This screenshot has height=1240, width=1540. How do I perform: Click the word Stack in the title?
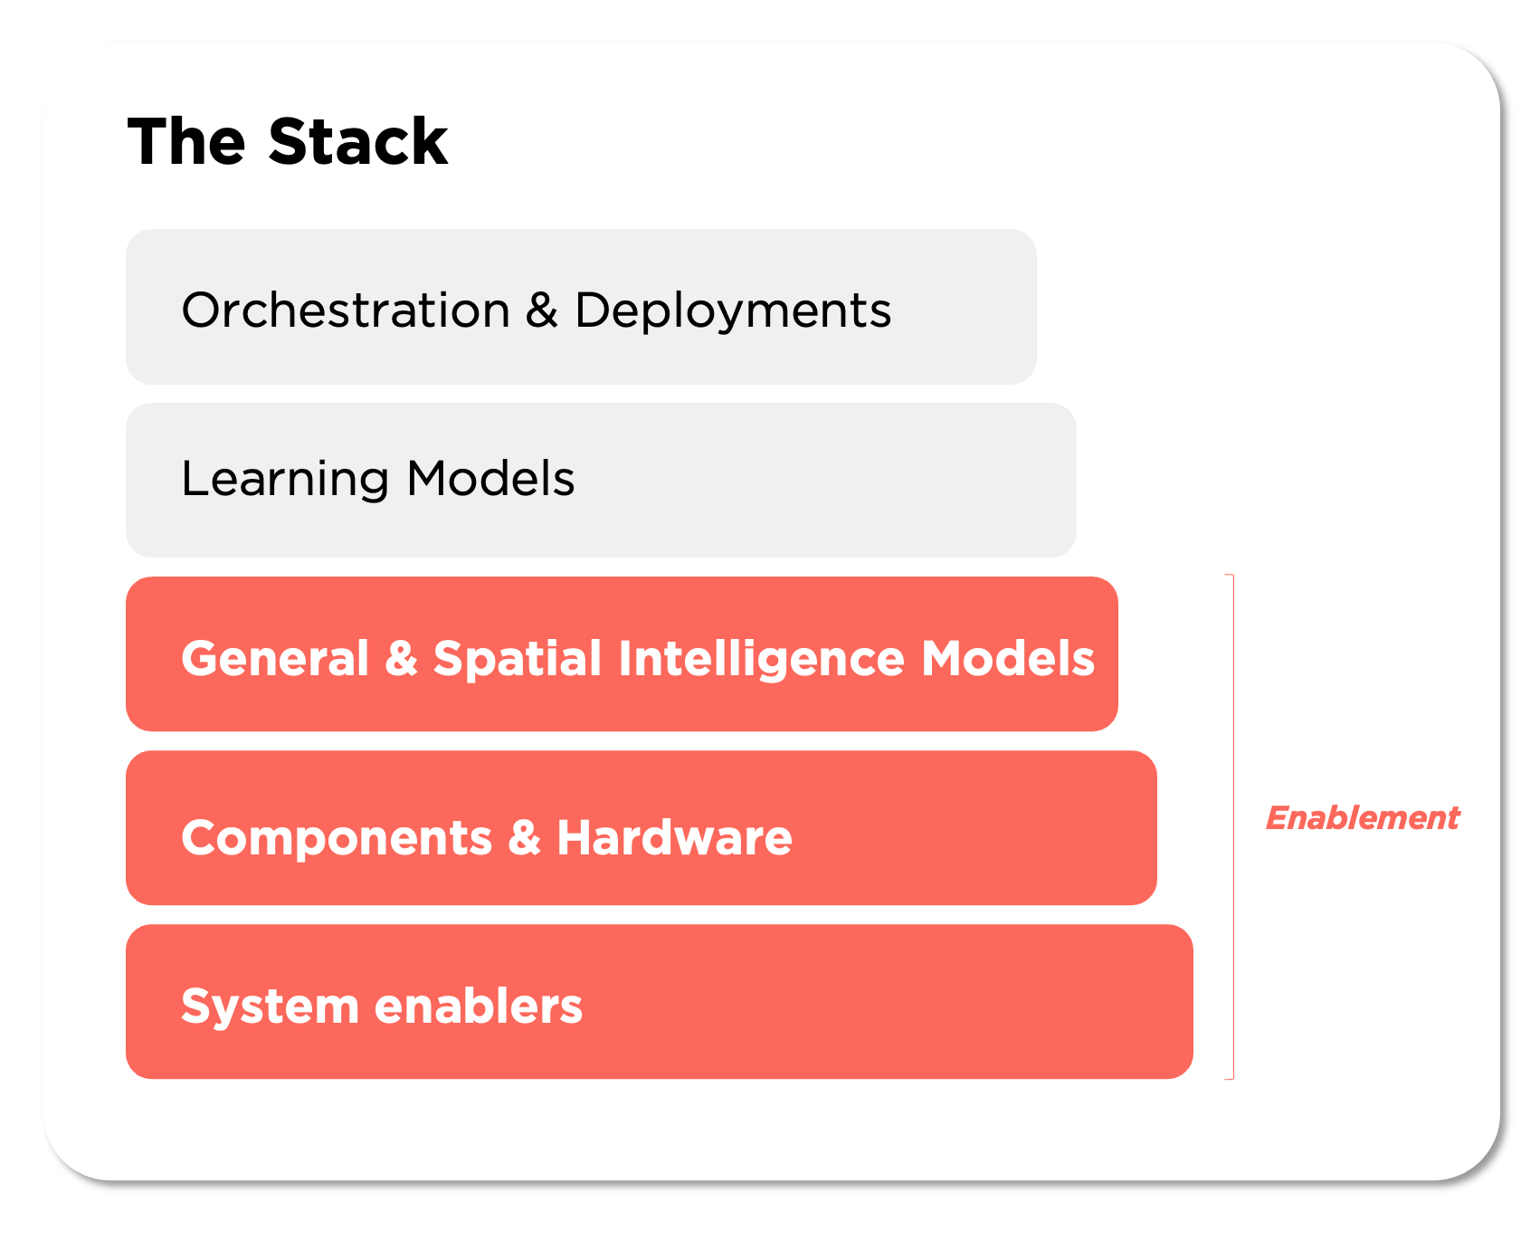tap(357, 142)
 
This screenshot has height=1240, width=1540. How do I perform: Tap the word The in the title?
tap(186, 142)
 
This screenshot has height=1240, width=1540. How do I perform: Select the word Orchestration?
tap(346, 310)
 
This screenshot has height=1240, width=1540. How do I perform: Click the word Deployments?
tap(733, 310)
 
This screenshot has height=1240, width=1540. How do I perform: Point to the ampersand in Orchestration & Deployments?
tap(541, 310)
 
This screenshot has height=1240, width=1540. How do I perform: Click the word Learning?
tap(284, 479)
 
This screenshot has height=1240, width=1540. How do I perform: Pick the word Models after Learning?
tap(490, 479)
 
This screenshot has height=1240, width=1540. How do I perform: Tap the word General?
tap(275, 658)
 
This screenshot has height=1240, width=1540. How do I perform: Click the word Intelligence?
tap(761, 658)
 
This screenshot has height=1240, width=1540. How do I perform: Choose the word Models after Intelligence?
tap(1008, 658)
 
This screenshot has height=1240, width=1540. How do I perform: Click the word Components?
tap(337, 837)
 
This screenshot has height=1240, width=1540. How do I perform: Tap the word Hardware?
tap(674, 837)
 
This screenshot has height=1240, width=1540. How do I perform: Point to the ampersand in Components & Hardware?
tap(524, 837)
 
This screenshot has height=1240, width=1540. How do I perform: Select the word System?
tap(270, 1006)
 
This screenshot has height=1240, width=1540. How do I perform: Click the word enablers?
tap(479, 1006)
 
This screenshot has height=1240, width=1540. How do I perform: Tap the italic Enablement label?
tap(1362, 818)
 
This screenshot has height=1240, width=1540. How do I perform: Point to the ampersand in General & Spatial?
tap(401, 658)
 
